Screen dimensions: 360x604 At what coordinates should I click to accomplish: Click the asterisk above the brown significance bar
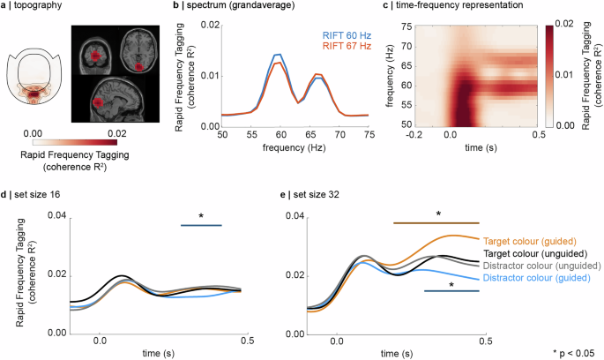coord(437,214)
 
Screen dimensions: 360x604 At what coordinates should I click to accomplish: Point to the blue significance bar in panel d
coord(201,226)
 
